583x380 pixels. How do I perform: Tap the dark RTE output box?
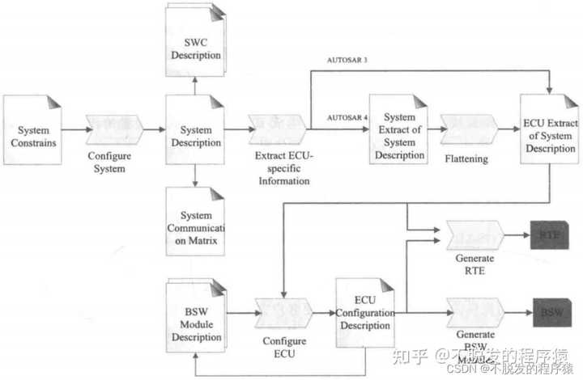pos(549,235)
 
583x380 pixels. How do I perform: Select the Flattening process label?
pos(467,158)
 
